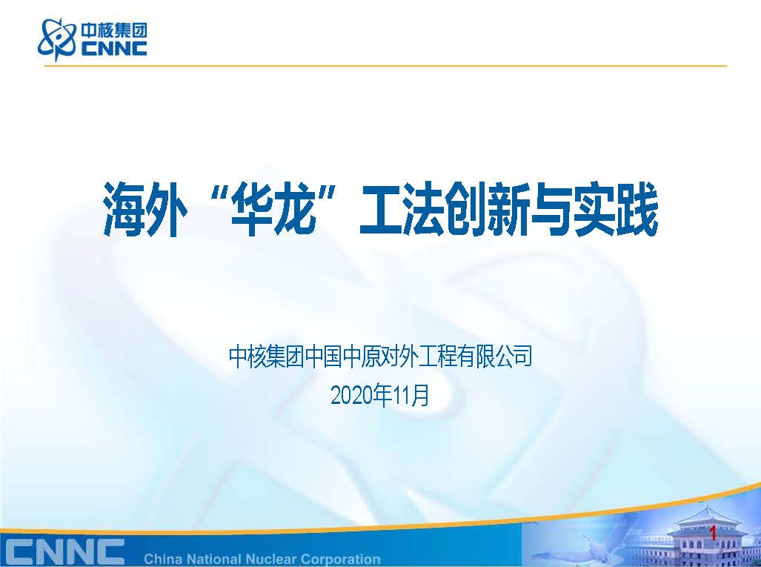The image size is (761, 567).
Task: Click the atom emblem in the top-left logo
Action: click(57, 39)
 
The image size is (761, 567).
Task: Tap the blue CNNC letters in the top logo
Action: click(113, 48)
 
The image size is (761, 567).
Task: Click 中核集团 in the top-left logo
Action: click(113, 30)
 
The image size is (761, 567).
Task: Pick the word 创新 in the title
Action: click(487, 210)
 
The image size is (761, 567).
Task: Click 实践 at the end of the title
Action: click(616, 210)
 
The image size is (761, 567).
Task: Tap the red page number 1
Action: click(713, 534)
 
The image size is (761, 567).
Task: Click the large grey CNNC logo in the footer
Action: click(62, 551)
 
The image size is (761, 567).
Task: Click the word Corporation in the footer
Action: click(340, 560)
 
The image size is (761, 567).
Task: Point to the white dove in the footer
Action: click(593, 546)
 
